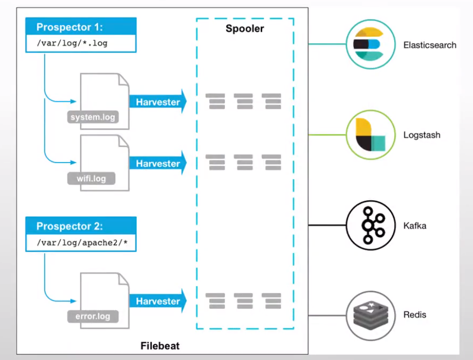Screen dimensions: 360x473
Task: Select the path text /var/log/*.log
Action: point(72,43)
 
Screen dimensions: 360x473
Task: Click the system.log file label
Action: point(93,117)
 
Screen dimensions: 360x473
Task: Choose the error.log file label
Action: point(92,316)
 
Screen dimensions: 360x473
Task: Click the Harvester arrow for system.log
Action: point(157,102)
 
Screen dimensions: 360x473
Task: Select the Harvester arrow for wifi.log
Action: point(157,164)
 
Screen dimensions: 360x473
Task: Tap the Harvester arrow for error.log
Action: point(157,301)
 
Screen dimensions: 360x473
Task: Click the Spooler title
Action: point(245,29)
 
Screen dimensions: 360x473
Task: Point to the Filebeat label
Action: point(159,345)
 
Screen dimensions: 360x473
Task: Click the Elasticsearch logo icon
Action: point(369,45)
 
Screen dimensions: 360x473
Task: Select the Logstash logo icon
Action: point(369,135)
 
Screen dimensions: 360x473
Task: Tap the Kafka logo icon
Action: point(369,225)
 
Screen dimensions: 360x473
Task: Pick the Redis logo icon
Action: point(369,315)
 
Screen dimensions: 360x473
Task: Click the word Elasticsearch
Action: point(430,45)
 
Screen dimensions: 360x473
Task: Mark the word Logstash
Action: point(422,135)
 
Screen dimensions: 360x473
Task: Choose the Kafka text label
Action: point(415,226)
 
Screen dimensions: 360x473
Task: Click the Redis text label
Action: point(415,315)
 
